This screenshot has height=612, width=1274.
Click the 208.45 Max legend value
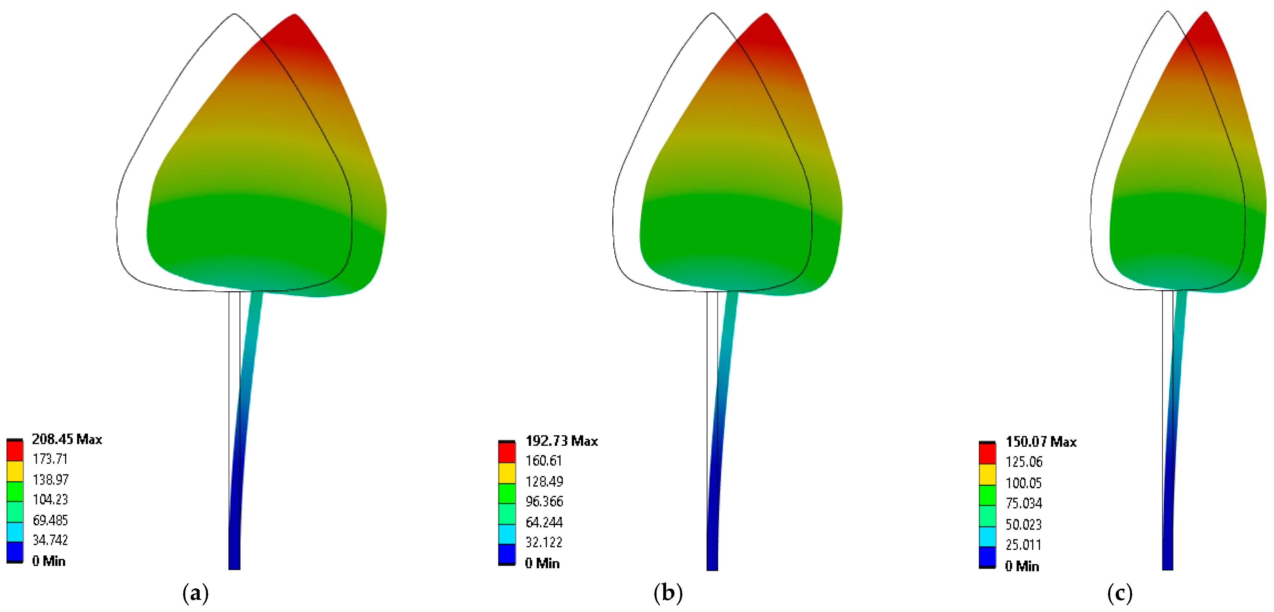[67, 439]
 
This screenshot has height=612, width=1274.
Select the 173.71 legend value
[50, 459]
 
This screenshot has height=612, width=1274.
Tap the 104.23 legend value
[50, 500]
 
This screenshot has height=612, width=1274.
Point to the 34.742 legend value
[50, 540]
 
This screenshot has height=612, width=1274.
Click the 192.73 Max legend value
[561, 441]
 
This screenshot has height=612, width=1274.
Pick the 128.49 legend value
[544, 482]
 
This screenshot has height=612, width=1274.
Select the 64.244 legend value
[544, 522]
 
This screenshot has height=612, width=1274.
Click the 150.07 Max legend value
[1041, 442]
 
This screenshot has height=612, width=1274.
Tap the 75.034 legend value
[1024, 504]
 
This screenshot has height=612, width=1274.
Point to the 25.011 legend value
[1023, 545]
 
